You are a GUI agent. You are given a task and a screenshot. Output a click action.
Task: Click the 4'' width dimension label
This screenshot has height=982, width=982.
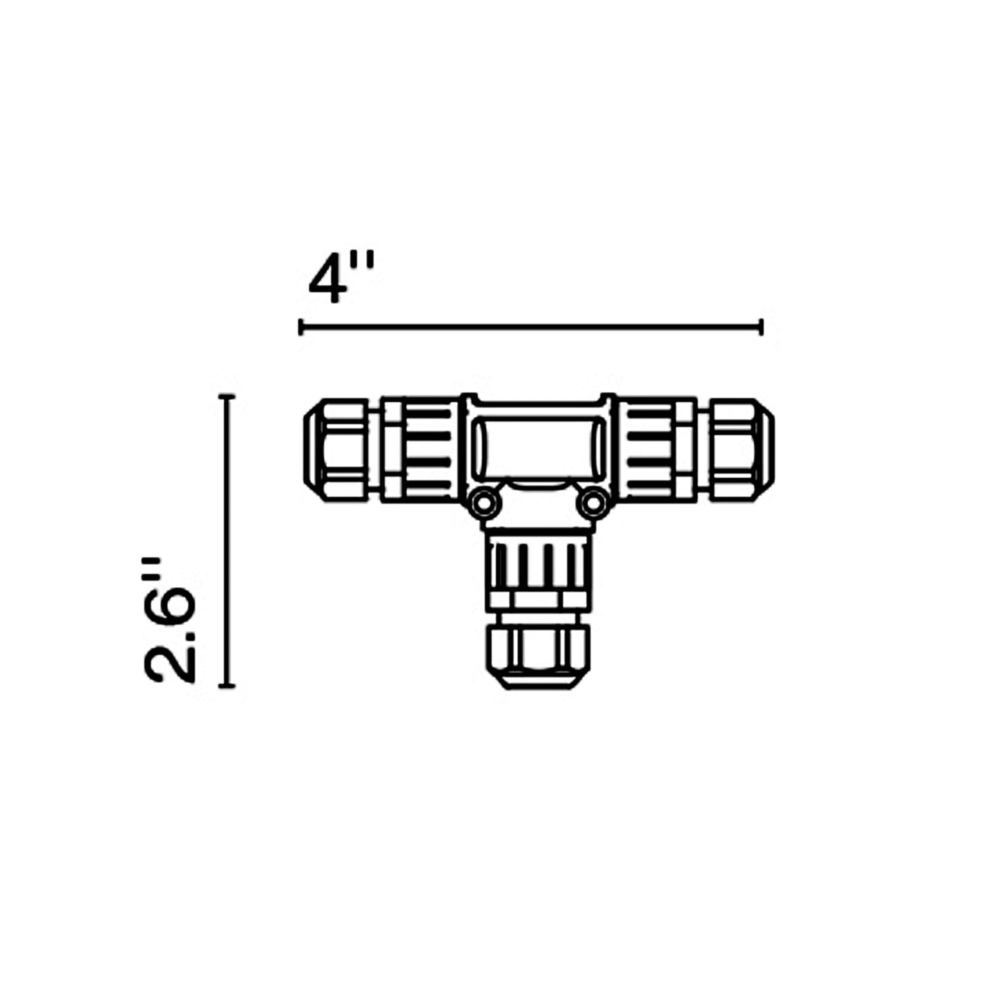point(342,277)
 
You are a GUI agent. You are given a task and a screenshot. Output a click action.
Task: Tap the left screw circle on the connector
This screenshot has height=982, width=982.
point(482,504)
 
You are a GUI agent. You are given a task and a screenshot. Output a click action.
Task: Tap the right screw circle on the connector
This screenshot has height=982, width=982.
point(593,504)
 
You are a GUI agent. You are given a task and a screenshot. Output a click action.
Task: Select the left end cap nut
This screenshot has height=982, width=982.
point(335,450)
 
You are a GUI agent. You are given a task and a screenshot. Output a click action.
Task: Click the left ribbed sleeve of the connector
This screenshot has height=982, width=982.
point(419,450)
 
